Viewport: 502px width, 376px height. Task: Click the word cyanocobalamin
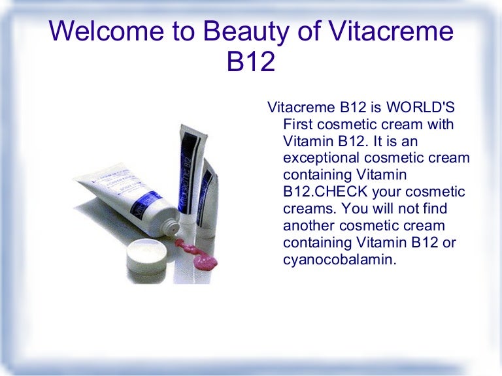(x=339, y=260)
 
